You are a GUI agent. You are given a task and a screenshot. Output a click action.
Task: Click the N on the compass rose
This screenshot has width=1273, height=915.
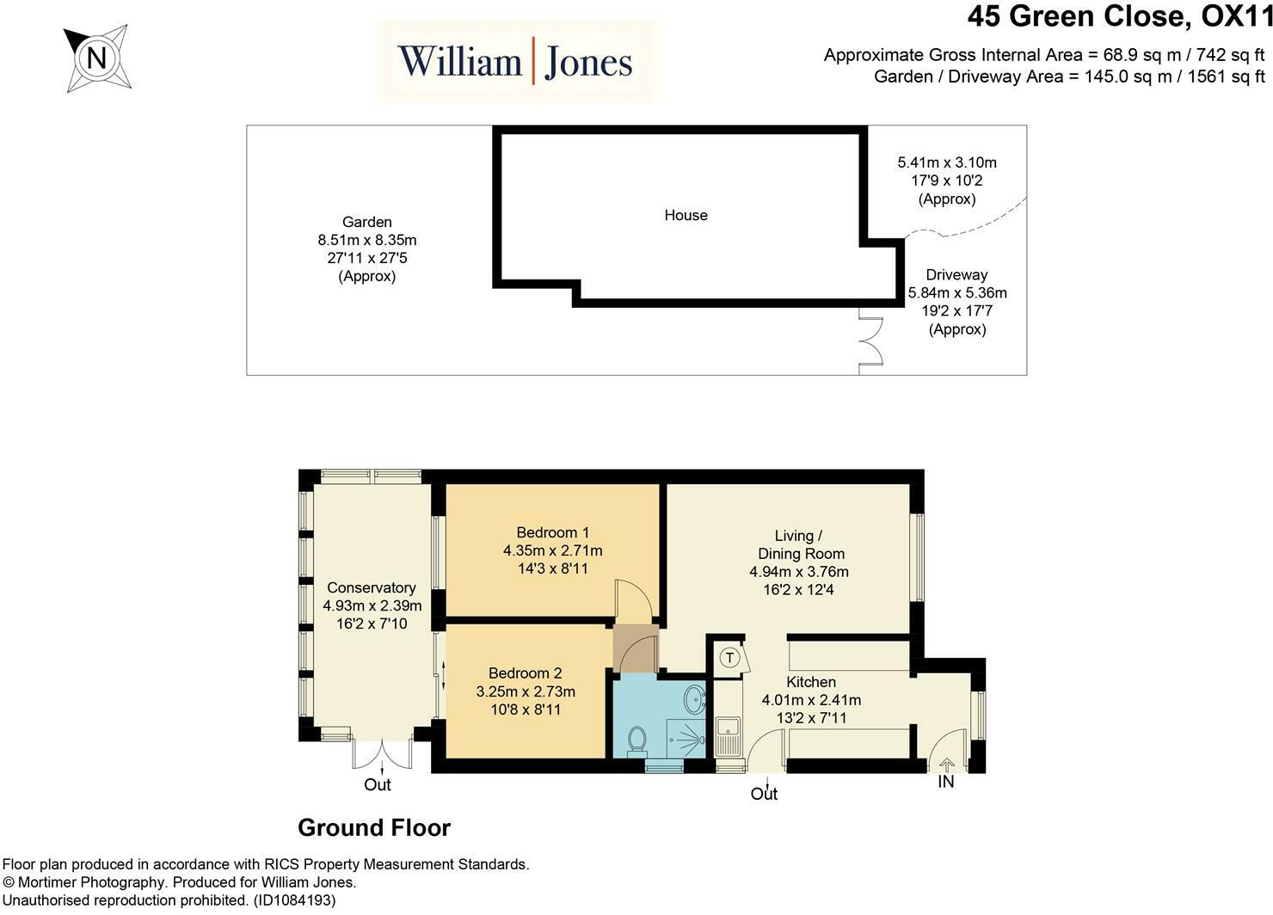click(96, 58)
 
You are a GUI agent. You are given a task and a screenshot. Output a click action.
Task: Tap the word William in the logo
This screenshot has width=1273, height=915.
click(460, 61)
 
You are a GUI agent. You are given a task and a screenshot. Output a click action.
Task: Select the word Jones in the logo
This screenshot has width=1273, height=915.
click(588, 63)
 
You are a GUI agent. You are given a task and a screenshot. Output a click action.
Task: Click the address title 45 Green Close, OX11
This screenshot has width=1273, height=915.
click(1120, 16)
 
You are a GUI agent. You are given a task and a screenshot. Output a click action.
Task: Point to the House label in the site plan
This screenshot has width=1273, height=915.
click(686, 215)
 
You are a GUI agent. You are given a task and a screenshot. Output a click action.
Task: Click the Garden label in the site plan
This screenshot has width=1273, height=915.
click(367, 222)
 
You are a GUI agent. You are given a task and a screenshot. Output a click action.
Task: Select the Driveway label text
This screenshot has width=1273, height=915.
click(957, 274)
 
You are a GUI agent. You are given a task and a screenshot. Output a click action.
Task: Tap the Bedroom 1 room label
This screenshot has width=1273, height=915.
click(552, 532)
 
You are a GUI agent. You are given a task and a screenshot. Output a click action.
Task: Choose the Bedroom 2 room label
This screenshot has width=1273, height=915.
click(525, 673)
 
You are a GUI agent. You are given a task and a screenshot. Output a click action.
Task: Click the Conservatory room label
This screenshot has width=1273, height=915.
click(372, 587)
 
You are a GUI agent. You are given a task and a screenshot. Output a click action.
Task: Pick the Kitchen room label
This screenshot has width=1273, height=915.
click(811, 682)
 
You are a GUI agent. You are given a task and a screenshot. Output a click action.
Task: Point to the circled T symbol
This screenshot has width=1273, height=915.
click(729, 658)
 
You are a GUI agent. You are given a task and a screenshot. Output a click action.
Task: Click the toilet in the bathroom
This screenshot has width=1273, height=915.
click(637, 741)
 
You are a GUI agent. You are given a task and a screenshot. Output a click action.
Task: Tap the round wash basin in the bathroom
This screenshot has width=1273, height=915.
click(694, 699)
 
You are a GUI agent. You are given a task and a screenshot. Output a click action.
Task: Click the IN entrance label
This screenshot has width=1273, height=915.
click(945, 782)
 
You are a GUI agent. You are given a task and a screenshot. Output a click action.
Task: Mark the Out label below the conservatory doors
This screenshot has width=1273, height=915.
click(378, 785)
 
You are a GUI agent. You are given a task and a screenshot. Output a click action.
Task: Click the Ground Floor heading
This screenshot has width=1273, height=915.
click(374, 828)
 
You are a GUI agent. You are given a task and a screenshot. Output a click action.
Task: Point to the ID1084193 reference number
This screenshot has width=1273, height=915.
click(295, 900)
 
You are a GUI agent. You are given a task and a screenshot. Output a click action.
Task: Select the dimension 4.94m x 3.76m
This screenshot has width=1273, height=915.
click(799, 572)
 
